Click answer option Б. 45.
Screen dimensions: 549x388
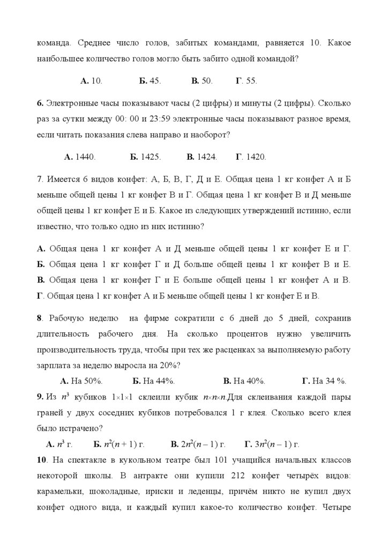[150, 81]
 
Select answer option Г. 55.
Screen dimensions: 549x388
[246, 81]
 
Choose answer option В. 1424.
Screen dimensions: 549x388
[202, 157]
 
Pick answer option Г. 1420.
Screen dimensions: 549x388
[250, 157]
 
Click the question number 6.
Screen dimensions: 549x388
[40, 102]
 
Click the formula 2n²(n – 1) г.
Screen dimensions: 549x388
[197, 444]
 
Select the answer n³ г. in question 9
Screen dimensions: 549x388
[59, 444]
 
